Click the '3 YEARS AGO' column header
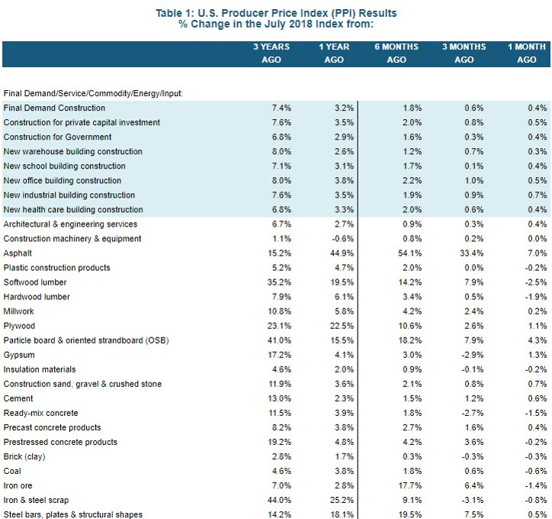coord(271,53)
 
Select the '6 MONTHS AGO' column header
coord(396,53)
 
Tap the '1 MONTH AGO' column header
coord(527,53)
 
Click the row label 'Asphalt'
coord(18,253)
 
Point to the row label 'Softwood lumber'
coord(35,282)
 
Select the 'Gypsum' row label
coord(19,355)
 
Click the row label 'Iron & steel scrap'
coord(36,500)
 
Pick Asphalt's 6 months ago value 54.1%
coord(409,253)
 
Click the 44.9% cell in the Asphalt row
coord(342,253)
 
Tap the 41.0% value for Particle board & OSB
coord(279,340)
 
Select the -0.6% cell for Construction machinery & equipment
coord(342,239)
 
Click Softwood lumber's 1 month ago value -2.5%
coord(536,282)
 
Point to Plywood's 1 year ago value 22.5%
coord(342,326)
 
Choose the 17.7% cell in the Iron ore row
coord(409,485)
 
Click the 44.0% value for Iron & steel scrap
coord(279,500)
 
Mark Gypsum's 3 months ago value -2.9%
coord(473,355)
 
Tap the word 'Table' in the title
coord(168,13)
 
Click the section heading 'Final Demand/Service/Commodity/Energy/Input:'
coord(93,93)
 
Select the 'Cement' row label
coord(18,398)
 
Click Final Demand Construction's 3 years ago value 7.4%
coord(281,108)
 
